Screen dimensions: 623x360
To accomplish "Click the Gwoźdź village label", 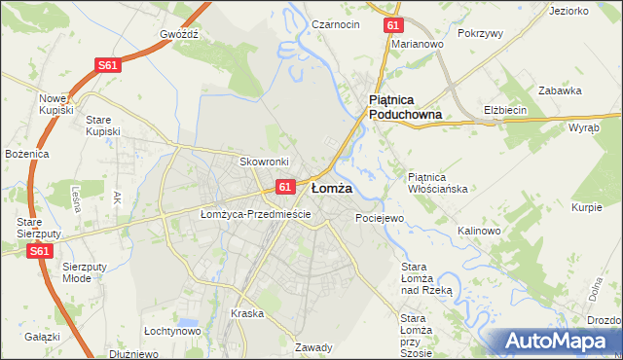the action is coord(179,32).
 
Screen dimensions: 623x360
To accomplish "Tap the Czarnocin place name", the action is coord(337,24).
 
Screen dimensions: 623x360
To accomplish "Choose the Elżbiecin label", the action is coord(505,110).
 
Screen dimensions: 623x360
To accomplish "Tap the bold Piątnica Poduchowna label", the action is coord(405,107).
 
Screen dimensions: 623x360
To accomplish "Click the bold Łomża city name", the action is coord(331,188).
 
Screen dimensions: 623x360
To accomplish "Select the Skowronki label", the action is coord(261,161).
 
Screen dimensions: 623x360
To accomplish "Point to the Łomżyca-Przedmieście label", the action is coord(255,214).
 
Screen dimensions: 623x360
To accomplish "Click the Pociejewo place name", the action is coord(380,218).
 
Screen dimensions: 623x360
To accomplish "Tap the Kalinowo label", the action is coord(478,231).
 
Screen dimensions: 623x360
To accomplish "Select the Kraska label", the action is coord(248,313).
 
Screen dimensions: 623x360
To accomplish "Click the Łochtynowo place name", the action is coord(172,331).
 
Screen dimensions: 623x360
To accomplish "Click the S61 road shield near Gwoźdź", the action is coord(108,65).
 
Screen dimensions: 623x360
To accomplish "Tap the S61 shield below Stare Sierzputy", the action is coord(38,251).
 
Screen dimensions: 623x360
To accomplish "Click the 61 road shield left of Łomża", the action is coord(284,186).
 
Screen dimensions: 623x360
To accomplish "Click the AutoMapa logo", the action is coord(556,341).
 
